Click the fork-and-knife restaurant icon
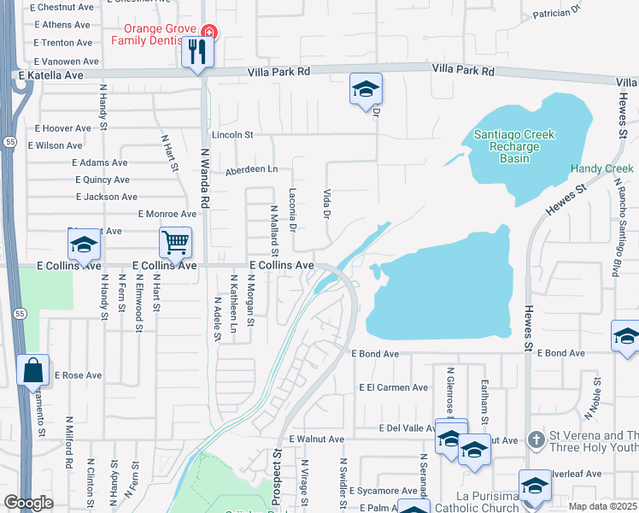pos(197,52)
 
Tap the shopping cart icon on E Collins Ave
pos(175,242)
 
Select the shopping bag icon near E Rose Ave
pos(32,371)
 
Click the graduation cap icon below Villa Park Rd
pos(366,89)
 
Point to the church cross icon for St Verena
pos(536,440)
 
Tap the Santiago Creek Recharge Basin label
pos(514,146)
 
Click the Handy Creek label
pos(602,169)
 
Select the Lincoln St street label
pos(233,135)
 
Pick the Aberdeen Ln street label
pos(251,170)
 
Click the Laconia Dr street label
pos(292,209)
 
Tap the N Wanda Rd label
pos(205,178)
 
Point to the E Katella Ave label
pos(50,75)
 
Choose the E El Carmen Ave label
pos(393,387)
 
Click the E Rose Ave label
pos(78,375)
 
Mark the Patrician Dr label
pos(556,13)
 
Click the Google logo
pos(28,503)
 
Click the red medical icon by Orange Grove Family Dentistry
pos(209,33)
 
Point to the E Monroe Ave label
pos(167,214)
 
